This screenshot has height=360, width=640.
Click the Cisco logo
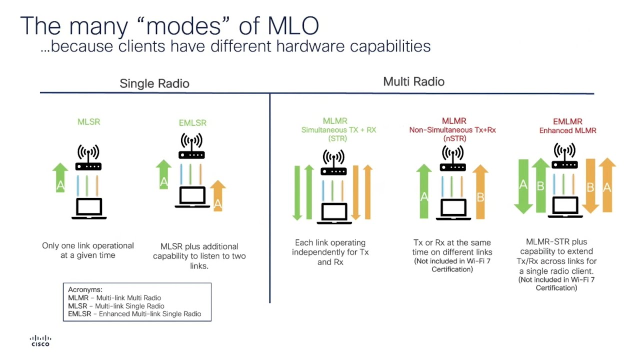point(40,340)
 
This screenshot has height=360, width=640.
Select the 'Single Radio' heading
point(154,83)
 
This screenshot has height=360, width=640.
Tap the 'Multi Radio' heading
point(413,81)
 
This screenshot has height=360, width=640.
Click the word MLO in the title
point(293,25)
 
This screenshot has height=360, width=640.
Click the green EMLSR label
point(192,123)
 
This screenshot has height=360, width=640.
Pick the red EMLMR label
point(567,121)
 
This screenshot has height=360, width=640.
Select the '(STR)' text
point(337,138)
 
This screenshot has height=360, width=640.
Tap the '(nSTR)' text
point(454,138)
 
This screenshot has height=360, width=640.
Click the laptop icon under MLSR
point(89,208)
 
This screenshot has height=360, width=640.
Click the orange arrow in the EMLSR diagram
point(217,196)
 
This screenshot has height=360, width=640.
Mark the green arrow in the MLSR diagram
point(60,177)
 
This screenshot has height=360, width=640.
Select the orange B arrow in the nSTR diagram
point(480,192)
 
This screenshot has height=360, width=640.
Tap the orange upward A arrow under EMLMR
point(607,185)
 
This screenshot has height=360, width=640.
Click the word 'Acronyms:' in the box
point(85,289)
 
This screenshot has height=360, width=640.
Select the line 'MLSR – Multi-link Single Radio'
point(116,305)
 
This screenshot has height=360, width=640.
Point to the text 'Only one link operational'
point(88,245)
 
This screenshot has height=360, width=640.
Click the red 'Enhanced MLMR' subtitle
point(567,130)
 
